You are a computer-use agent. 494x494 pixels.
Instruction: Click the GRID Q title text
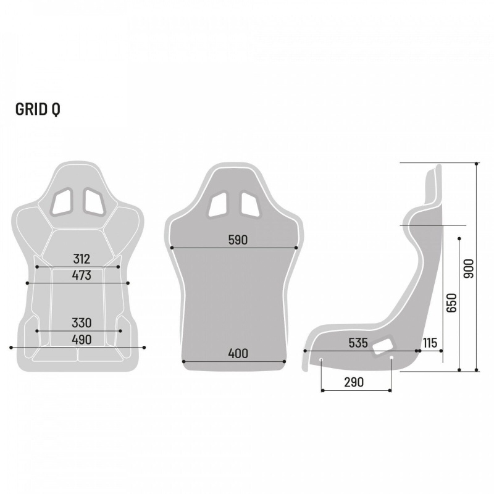pos(38,109)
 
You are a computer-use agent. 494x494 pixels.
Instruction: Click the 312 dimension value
pos(81,259)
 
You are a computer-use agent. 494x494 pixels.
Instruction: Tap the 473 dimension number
pos(81,275)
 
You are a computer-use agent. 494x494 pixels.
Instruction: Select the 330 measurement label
pos(81,322)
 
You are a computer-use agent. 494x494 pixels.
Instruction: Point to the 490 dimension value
pos(81,339)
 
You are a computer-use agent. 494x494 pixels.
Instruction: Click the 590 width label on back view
pos(237,240)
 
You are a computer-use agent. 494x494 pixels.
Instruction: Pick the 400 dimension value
pos(237,353)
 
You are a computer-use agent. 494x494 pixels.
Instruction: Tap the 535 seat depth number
pos(358,343)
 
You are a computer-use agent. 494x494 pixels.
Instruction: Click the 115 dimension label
pos(430,343)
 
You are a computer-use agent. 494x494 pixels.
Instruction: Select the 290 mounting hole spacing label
pos(353,382)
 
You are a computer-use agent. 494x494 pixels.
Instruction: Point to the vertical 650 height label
pos(451,302)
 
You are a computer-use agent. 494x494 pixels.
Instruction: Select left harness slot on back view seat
pos(218,204)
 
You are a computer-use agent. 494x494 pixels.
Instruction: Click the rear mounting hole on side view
pos(391,358)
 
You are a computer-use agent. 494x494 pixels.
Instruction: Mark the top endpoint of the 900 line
pos(477,164)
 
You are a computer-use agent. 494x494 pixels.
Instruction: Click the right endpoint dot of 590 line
pos(296,248)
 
